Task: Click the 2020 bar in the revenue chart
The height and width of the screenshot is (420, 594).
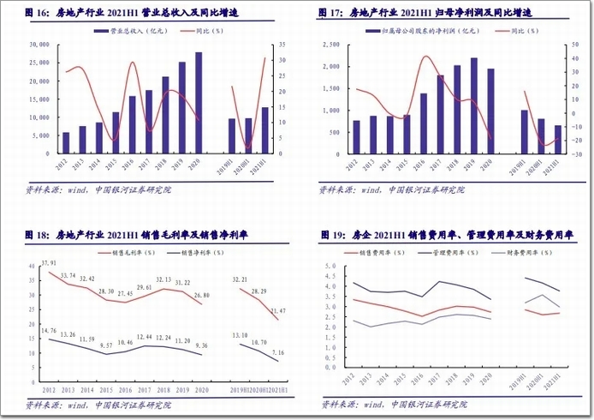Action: (199, 103)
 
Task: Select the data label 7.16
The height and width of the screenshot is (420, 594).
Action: (279, 352)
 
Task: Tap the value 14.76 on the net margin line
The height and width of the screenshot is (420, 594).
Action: (48, 330)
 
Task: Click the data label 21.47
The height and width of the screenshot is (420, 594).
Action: (279, 310)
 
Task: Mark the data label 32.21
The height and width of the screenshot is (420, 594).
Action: (242, 279)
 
